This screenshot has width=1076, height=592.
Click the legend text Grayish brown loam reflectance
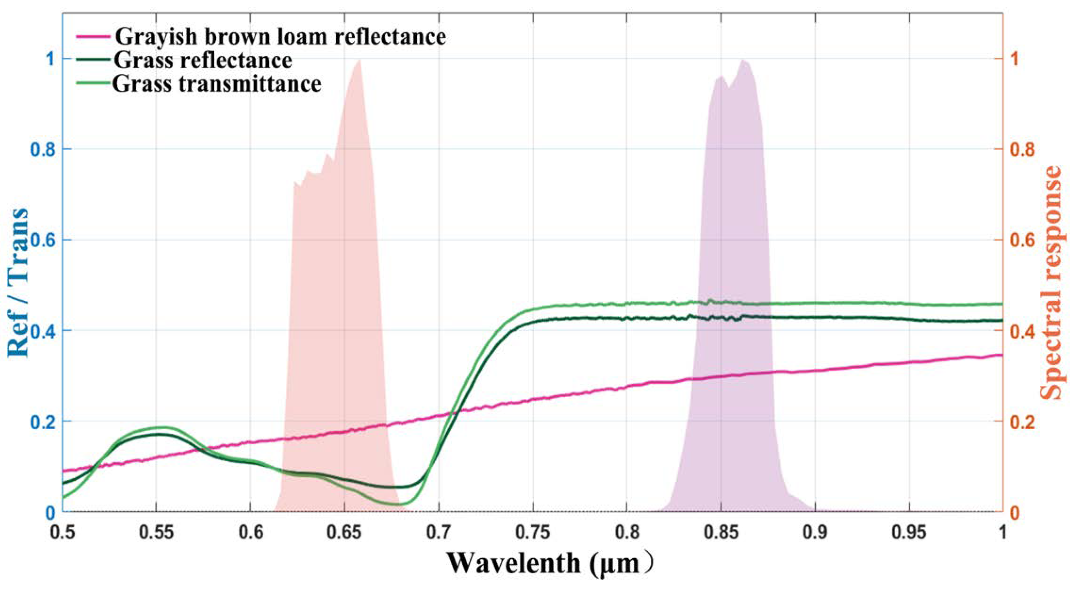click(x=280, y=37)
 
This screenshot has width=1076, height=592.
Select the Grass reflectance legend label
click(x=203, y=61)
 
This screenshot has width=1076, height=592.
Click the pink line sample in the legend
click(x=94, y=37)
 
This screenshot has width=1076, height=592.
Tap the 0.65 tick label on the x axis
click(x=344, y=534)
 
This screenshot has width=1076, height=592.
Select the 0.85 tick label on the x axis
click(x=721, y=534)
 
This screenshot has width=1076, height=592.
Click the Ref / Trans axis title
click(x=18, y=284)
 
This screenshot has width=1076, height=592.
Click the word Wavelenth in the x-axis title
click(x=513, y=564)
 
